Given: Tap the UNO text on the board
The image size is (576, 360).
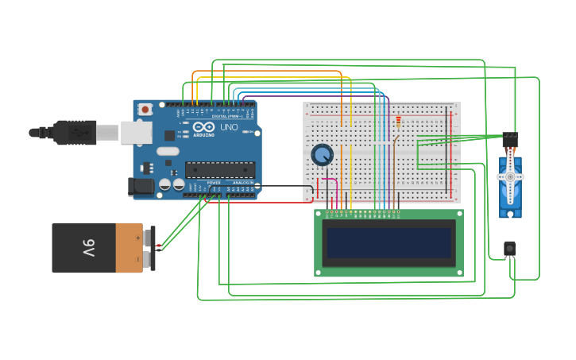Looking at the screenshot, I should pyautogui.click(x=229, y=127).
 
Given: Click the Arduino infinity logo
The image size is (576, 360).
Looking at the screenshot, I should pyautogui.click(x=203, y=127).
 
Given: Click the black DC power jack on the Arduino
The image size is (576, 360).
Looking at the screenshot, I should pyautogui.click(x=141, y=187).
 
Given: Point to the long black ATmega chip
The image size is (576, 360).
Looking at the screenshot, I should pyautogui.click(x=220, y=169).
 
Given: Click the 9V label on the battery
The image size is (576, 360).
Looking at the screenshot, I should pyautogui.click(x=88, y=248).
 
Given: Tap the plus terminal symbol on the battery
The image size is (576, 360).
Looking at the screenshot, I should pyautogui.click(x=137, y=237).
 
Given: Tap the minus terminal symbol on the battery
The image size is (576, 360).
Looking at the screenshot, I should pyautogui.click(x=137, y=259).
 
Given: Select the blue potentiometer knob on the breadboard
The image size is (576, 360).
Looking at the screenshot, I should pyautogui.click(x=322, y=154).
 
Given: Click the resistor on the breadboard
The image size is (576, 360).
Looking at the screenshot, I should pyautogui.click(x=398, y=122).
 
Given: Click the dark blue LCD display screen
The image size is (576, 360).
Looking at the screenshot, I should pyautogui.click(x=389, y=242).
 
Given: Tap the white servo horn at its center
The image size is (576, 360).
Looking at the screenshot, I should pyautogui.click(x=509, y=176).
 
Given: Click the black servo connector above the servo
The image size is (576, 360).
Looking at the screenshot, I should pyautogui.click(x=510, y=137).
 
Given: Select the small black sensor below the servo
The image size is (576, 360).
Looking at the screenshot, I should pyautogui.click(x=509, y=249).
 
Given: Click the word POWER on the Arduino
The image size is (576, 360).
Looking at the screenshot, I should pyautogui.click(x=214, y=183).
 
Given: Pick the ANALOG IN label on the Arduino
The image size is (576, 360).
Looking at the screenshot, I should pyautogui.click(x=242, y=183).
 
